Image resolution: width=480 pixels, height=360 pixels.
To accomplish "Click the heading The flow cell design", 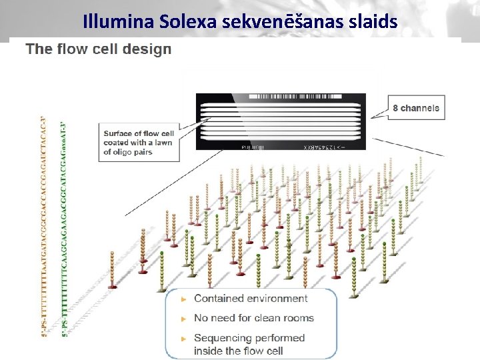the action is [x=99, y=49].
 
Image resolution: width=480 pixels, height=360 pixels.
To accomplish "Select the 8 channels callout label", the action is [x=416, y=108].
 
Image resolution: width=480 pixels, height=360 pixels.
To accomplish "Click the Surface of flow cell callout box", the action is [x=139, y=143].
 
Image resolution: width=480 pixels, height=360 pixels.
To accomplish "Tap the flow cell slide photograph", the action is [x=281, y=121].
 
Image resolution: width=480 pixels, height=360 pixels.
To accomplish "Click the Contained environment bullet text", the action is [x=251, y=299].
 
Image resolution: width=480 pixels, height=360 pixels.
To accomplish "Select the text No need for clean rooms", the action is [x=253, y=318].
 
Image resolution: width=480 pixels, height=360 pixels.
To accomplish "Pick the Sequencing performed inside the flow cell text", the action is [x=249, y=344].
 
